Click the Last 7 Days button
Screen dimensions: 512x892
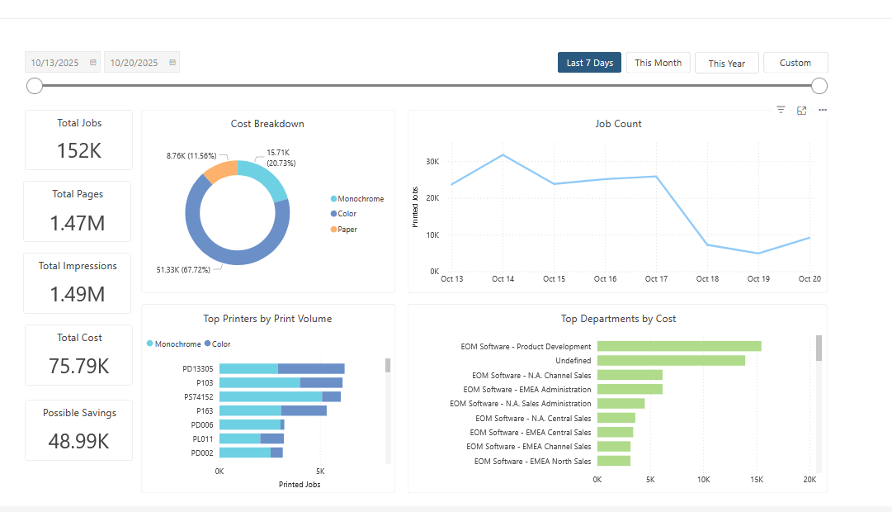589,63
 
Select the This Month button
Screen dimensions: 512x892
658,63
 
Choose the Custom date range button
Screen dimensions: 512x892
795,63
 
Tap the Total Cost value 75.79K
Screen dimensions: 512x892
78,366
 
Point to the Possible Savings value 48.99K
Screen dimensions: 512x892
78,441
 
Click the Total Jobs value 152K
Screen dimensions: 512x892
78,151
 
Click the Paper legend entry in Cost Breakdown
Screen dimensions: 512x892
347,230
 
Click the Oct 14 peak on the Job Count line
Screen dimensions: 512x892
503,155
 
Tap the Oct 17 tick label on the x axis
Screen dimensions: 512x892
656,279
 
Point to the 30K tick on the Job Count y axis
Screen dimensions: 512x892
432,162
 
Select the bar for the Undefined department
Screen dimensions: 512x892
671,360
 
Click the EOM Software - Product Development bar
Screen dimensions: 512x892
679,346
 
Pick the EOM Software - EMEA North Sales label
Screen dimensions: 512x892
532,461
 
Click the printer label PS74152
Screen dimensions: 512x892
198,396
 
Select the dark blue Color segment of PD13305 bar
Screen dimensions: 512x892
311,369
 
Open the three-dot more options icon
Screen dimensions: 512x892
823,110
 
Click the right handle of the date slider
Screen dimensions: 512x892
819,86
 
